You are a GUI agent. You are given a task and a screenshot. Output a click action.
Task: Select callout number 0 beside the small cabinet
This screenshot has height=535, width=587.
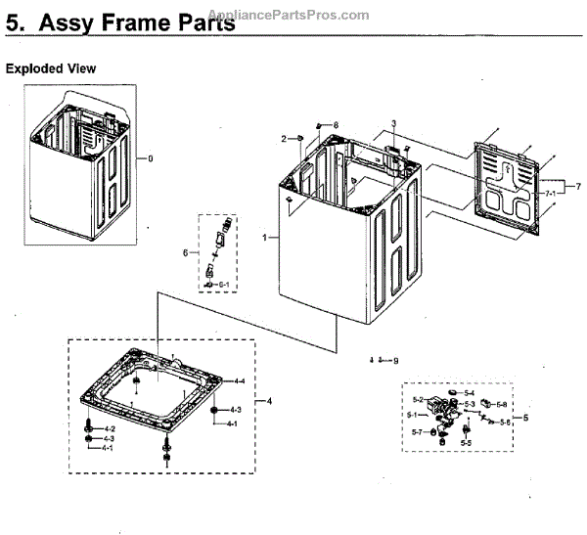tap(150, 158)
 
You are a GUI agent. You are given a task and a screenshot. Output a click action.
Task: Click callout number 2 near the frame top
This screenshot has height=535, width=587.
tap(284, 139)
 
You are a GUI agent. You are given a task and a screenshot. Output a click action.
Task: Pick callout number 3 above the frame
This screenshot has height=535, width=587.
tap(393, 123)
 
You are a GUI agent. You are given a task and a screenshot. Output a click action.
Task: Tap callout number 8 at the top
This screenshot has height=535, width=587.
tap(335, 124)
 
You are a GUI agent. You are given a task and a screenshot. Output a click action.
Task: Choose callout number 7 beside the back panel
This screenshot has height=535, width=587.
tap(578, 186)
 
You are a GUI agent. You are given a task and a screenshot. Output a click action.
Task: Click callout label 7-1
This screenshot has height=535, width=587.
tap(551, 194)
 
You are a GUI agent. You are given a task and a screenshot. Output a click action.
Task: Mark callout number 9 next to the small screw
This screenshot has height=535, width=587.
tap(396, 362)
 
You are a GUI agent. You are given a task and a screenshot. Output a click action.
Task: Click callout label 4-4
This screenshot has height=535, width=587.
tap(238, 380)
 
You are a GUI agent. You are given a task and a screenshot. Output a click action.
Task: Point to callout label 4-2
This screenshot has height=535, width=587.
tap(110, 429)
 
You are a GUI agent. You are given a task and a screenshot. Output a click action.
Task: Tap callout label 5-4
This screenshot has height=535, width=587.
tap(470, 392)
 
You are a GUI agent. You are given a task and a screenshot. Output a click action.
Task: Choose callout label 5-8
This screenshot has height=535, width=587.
tap(501, 404)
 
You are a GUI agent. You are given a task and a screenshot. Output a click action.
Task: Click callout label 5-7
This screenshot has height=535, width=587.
tap(416, 432)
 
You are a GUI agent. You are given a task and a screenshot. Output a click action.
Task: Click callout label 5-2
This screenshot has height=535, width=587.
tap(417, 400)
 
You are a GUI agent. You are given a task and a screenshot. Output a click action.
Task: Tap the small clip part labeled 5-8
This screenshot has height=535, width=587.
tap(486, 404)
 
